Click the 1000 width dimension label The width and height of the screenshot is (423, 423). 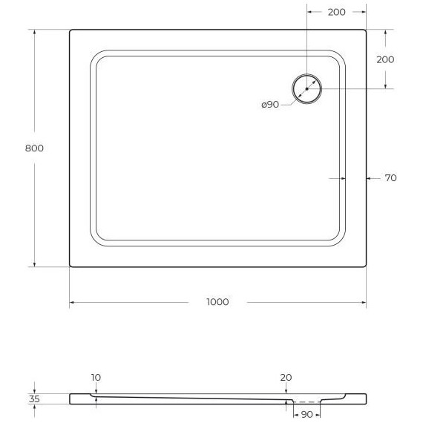[x=217, y=302]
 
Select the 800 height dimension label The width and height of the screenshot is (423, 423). [x=34, y=148]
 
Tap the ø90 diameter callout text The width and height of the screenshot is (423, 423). [x=270, y=105]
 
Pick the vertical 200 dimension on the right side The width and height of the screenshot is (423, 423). [x=385, y=59]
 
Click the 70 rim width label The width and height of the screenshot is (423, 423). [x=390, y=178]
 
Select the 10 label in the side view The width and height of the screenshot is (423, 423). [x=96, y=378]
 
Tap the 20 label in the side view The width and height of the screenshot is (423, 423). [x=286, y=378]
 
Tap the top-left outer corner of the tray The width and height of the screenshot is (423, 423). [x=70, y=31]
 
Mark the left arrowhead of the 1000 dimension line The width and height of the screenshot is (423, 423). [x=72, y=303]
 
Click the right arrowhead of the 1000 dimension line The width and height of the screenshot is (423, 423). [x=363, y=303]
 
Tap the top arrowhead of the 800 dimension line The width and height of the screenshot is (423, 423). [x=34, y=33]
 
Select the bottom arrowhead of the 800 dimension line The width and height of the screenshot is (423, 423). [x=34, y=264]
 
